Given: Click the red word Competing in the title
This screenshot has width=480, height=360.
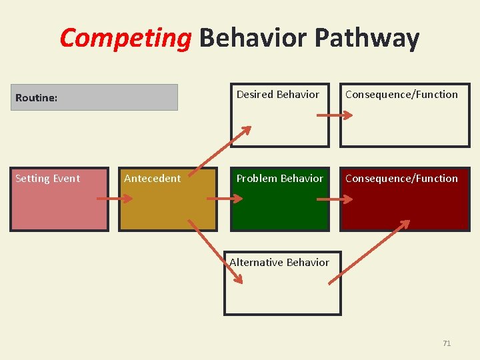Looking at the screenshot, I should coord(125,38).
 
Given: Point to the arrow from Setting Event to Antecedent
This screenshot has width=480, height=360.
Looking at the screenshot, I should coord(115,199).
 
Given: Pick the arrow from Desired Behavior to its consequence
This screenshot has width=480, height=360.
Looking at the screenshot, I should coord(334,115).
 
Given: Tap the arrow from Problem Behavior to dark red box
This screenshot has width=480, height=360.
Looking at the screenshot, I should coord(334,199).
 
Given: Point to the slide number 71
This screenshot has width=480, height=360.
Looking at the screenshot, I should coord(447,343).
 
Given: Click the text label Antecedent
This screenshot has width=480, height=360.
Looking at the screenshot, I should coord(152,179).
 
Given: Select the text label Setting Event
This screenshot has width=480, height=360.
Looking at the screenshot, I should coord(47,179).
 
